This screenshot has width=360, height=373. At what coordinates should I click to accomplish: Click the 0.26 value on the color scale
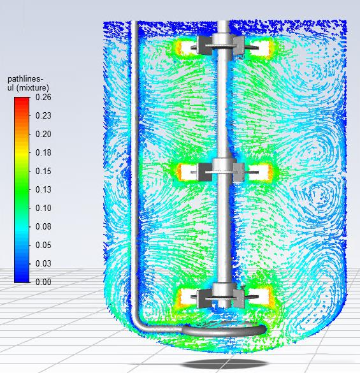[43, 97]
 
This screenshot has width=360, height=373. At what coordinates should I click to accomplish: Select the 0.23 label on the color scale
[43, 115]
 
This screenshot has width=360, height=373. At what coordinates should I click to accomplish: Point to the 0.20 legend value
[43, 134]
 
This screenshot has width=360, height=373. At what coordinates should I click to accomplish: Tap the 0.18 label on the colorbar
[43, 152]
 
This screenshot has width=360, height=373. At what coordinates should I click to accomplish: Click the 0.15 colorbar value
[43, 171]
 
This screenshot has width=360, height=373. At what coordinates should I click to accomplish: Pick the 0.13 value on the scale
[43, 189]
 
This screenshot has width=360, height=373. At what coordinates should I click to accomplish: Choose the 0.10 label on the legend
[43, 208]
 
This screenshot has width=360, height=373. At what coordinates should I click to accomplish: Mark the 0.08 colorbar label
[43, 226]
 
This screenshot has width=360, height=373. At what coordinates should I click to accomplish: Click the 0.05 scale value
[43, 245]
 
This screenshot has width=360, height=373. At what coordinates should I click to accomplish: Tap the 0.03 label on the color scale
[43, 263]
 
